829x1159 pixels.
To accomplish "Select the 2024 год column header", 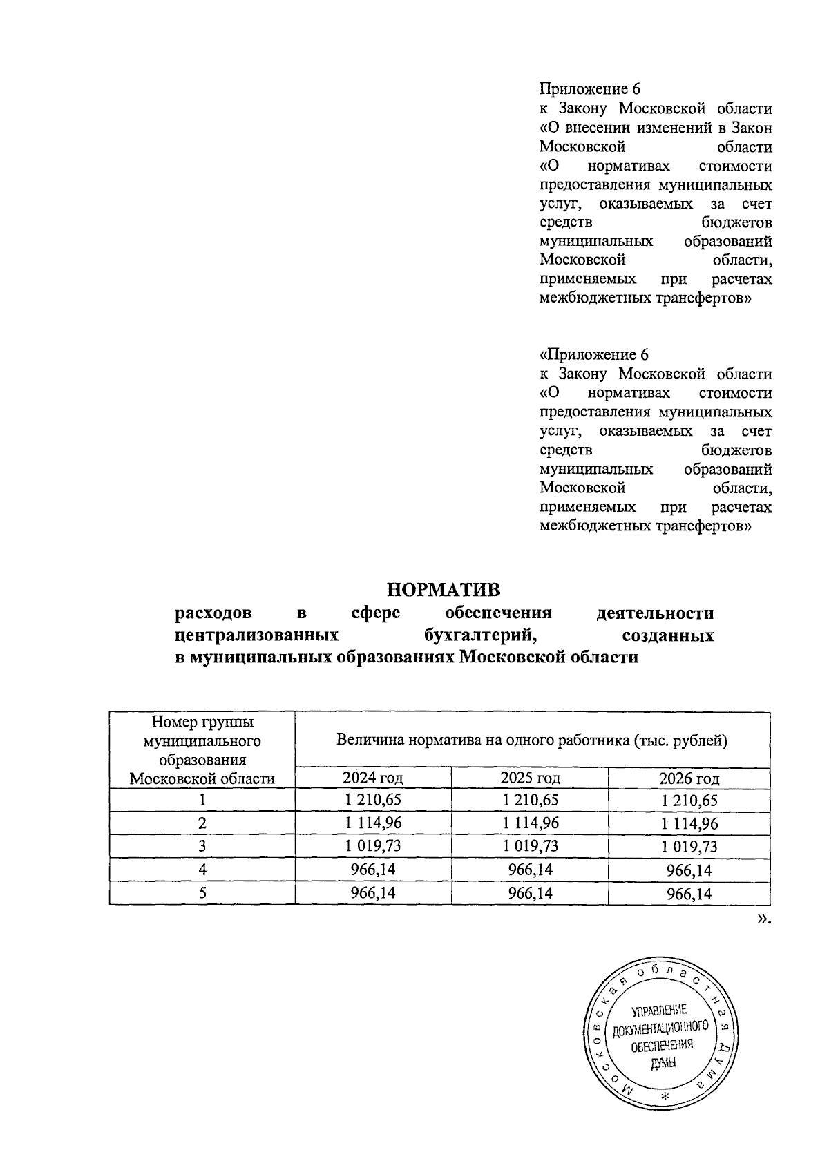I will pos(373,778).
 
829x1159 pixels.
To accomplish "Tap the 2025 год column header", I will pos(530,778).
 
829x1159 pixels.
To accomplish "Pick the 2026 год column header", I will pos(689,779).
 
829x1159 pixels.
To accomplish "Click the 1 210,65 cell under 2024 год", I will pos(373,801).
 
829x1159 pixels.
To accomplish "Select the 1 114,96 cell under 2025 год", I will pos(530,823).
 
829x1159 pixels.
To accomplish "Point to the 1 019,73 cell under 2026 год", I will pos(689,847).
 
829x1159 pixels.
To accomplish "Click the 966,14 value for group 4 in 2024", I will pos(373,870).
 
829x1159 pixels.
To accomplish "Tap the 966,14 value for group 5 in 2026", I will pos(689,894).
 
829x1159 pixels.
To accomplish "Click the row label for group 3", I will pos(202,847).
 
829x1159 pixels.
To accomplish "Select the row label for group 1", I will pos(202,801).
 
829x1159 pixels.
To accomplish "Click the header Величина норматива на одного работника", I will pos(532,741).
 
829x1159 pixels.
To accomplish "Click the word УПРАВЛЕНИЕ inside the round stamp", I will pos(658,1010).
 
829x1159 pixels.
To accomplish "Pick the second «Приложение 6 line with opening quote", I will pos(593,355).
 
